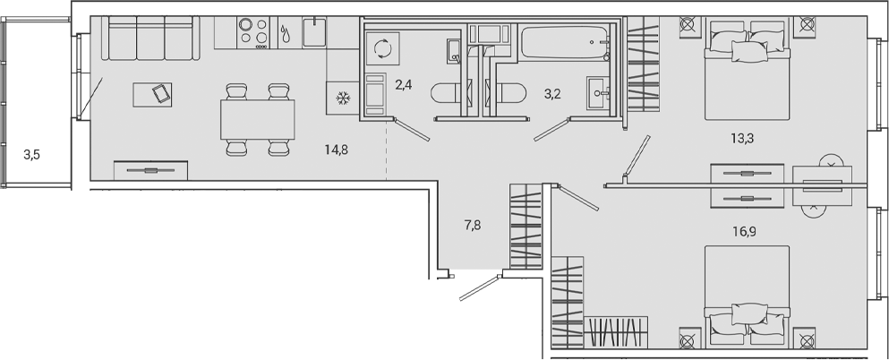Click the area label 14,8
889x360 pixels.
click(337, 150)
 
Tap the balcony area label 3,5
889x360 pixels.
click(32, 155)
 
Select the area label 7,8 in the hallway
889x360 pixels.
click(473, 225)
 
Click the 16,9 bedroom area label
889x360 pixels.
click(740, 229)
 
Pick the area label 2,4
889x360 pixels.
click(403, 86)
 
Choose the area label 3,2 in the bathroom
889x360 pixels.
click(552, 91)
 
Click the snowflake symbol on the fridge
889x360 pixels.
click(341, 98)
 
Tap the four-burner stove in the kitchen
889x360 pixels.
click(253, 32)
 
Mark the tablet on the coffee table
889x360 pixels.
click(158, 92)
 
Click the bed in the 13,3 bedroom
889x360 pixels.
click(748, 76)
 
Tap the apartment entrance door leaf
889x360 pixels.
click(479, 288)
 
